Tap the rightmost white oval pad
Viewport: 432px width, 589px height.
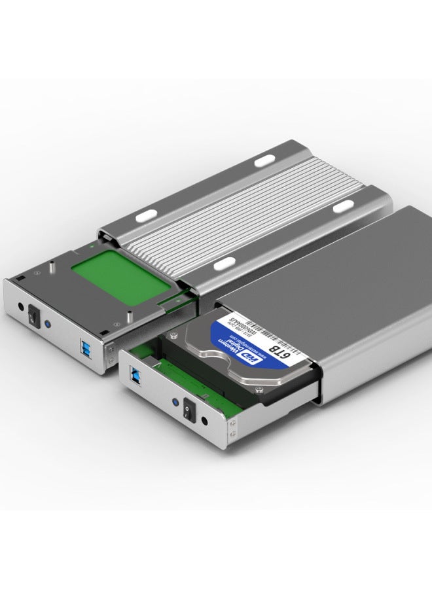click(343, 207)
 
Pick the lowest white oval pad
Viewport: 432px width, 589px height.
click(225, 262)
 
